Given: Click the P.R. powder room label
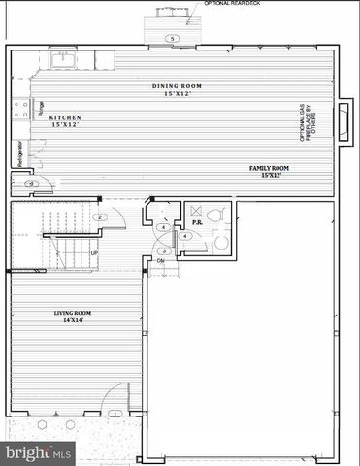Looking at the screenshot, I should click(196, 222).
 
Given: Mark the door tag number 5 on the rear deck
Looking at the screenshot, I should click(171, 39).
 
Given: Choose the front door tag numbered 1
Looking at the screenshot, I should click(115, 414).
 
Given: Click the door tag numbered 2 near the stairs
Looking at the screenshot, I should click(100, 216).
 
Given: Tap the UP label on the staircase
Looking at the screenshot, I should click(93, 253).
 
